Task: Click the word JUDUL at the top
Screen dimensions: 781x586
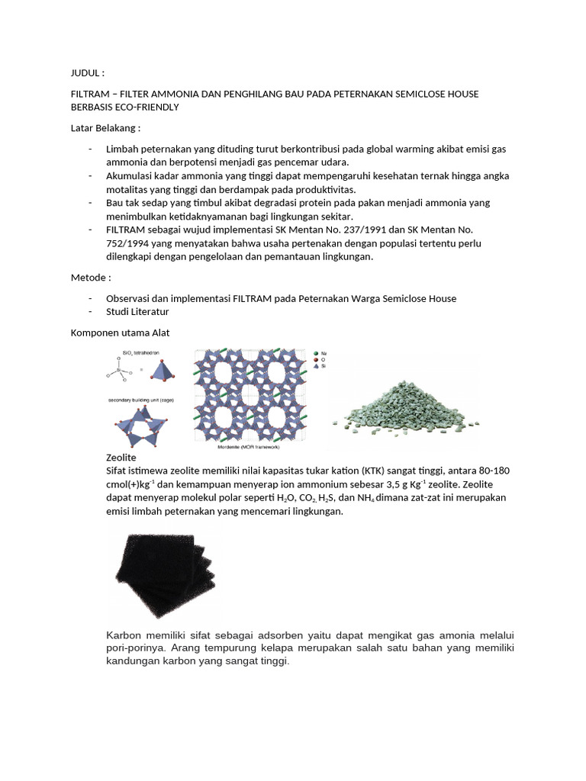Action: [85, 73]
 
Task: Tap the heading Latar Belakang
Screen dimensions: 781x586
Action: [105, 127]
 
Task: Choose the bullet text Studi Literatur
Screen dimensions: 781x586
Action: [138, 311]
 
